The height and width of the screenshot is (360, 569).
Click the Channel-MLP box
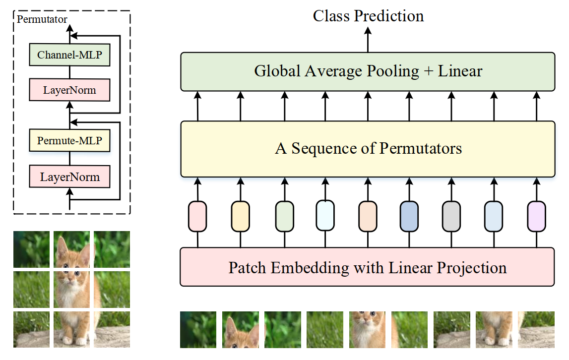tap(69, 55)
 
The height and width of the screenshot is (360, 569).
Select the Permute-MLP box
tap(69, 141)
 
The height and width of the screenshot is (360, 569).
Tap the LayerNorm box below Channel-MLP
tap(69, 90)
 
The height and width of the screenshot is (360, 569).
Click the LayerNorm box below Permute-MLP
tap(69, 177)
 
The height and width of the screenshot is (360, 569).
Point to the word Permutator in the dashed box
tap(42, 19)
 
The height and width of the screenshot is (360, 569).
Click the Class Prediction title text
tap(368, 16)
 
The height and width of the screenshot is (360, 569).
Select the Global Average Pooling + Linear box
tap(368, 71)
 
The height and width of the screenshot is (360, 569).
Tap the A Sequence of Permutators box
tap(368, 149)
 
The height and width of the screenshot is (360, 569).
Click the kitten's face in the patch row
tap(367, 322)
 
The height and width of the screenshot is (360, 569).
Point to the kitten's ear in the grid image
tap(63, 243)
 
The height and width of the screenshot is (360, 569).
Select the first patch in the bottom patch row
tap(198, 329)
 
